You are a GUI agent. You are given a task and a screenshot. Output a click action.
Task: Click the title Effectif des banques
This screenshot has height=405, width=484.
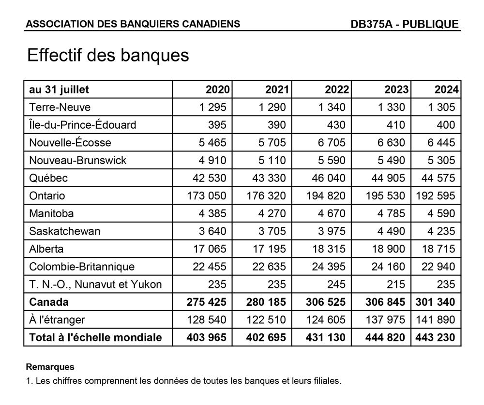[108, 55]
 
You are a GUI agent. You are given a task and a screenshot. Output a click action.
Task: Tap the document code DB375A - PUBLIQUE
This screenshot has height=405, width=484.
[405, 24]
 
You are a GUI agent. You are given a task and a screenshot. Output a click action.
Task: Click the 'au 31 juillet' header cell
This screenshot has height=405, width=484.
[59, 90]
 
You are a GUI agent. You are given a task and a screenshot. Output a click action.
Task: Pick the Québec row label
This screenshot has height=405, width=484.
[48, 178]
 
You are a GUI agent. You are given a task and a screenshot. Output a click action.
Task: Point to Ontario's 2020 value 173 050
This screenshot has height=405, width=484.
[206, 196]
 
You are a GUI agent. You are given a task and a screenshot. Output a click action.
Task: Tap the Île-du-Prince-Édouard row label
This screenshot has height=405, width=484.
[83, 125]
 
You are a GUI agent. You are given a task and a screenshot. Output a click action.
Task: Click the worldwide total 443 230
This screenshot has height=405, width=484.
[435, 338]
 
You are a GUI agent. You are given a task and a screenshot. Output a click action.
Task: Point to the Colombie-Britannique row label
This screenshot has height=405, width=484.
[82, 267]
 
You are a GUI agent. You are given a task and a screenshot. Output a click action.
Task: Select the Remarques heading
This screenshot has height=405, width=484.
[50, 367]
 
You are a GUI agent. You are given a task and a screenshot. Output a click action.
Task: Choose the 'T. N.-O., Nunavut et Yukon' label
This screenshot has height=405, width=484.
[95, 285]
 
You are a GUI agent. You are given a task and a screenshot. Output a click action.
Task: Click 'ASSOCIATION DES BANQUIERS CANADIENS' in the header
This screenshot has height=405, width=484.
[133, 24]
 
